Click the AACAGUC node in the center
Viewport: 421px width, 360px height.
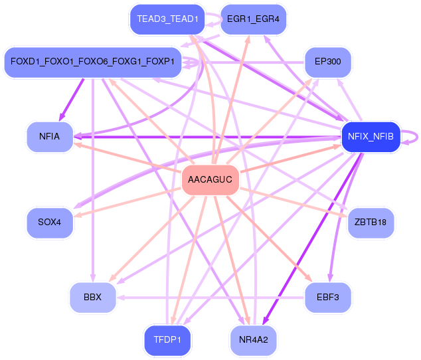pos(210,179)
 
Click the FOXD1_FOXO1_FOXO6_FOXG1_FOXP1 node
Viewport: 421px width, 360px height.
pos(92,62)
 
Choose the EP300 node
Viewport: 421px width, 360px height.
pos(327,62)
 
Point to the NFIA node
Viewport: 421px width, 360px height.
pos(50,137)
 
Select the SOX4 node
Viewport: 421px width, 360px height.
pos(50,222)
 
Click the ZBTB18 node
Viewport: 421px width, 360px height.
pos(371,222)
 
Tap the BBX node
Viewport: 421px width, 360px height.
pos(93,297)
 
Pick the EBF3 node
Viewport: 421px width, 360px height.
pos(327,297)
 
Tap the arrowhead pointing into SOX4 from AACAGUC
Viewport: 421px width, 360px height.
pos(78,215)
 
